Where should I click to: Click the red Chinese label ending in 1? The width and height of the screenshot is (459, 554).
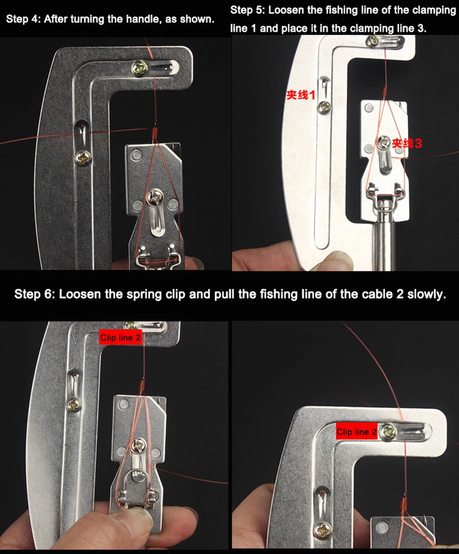pyautogui.click(x=301, y=95)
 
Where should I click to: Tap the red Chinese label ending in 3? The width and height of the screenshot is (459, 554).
pyautogui.click(x=406, y=143)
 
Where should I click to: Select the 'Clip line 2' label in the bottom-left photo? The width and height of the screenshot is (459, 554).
pyautogui.click(x=120, y=338)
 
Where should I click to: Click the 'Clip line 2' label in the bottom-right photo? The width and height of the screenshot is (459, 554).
pyautogui.click(x=356, y=432)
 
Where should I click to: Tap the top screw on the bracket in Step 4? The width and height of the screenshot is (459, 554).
pyautogui.click(x=140, y=68)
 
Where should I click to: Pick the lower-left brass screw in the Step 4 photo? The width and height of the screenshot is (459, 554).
pyautogui.click(x=84, y=158)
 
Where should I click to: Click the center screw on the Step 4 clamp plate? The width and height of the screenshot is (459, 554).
pyautogui.click(x=156, y=196)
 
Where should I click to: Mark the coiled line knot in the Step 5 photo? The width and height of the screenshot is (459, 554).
pyautogui.click(x=385, y=92)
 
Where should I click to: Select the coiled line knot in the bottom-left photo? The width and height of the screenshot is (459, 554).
pyautogui.click(x=142, y=386)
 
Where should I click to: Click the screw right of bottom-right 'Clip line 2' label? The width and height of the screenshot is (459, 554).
pyautogui.click(x=389, y=431)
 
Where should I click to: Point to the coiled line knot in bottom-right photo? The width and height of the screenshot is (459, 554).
pyautogui.click(x=404, y=503)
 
